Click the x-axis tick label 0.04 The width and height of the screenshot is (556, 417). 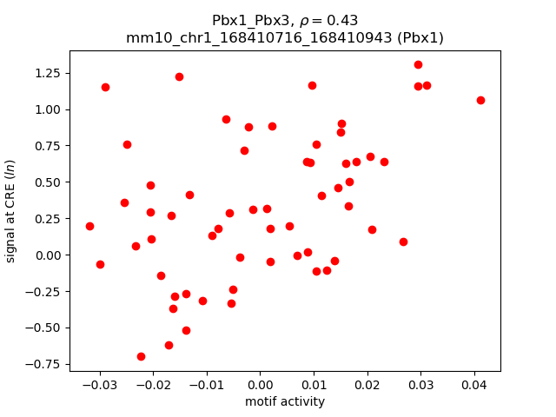pyautogui.click(x=474, y=385)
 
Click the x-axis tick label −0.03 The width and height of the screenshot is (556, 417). pyautogui.click(x=100, y=385)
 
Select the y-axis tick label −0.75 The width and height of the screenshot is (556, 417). pyautogui.click(x=43, y=363)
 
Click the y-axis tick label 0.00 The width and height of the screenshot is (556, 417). pyautogui.click(x=47, y=255)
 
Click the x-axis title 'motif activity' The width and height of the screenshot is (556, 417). pyautogui.click(x=285, y=401)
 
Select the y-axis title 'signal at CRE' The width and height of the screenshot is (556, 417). pyautogui.click(x=11, y=211)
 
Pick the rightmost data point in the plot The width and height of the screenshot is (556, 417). pyautogui.click(x=480, y=100)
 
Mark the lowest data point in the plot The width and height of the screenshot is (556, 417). pyautogui.click(x=141, y=356)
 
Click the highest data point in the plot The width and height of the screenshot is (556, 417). pyautogui.click(x=418, y=64)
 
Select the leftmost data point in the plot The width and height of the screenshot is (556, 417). pyautogui.click(x=89, y=226)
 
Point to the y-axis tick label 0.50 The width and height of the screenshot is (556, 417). pyautogui.click(x=47, y=182)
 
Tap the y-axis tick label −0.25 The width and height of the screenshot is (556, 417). pyautogui.click(x=43, y=291)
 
